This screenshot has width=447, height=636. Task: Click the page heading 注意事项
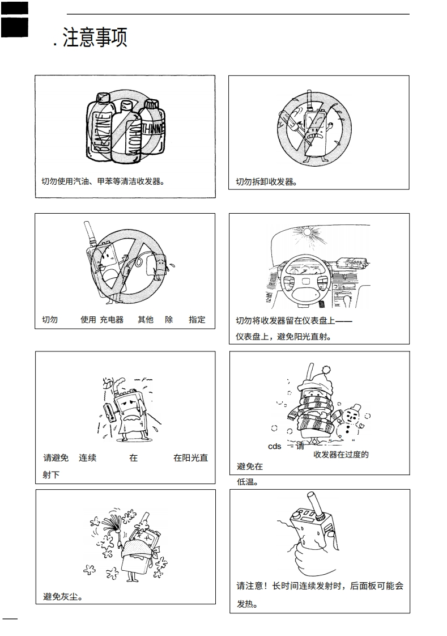pos(95,37)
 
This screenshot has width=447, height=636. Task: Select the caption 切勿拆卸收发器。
pos(267,182)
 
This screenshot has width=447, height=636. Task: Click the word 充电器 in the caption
pos(112,320)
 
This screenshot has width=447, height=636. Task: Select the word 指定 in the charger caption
pos(197,320)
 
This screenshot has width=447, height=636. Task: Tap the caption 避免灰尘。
pos(63,597)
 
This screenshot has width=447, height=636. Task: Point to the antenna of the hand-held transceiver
pos(312,502)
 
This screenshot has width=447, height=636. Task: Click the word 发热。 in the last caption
pos(248,604)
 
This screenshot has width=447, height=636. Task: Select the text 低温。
pos(248,482)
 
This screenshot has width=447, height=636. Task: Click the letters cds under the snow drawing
pos(275,446)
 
